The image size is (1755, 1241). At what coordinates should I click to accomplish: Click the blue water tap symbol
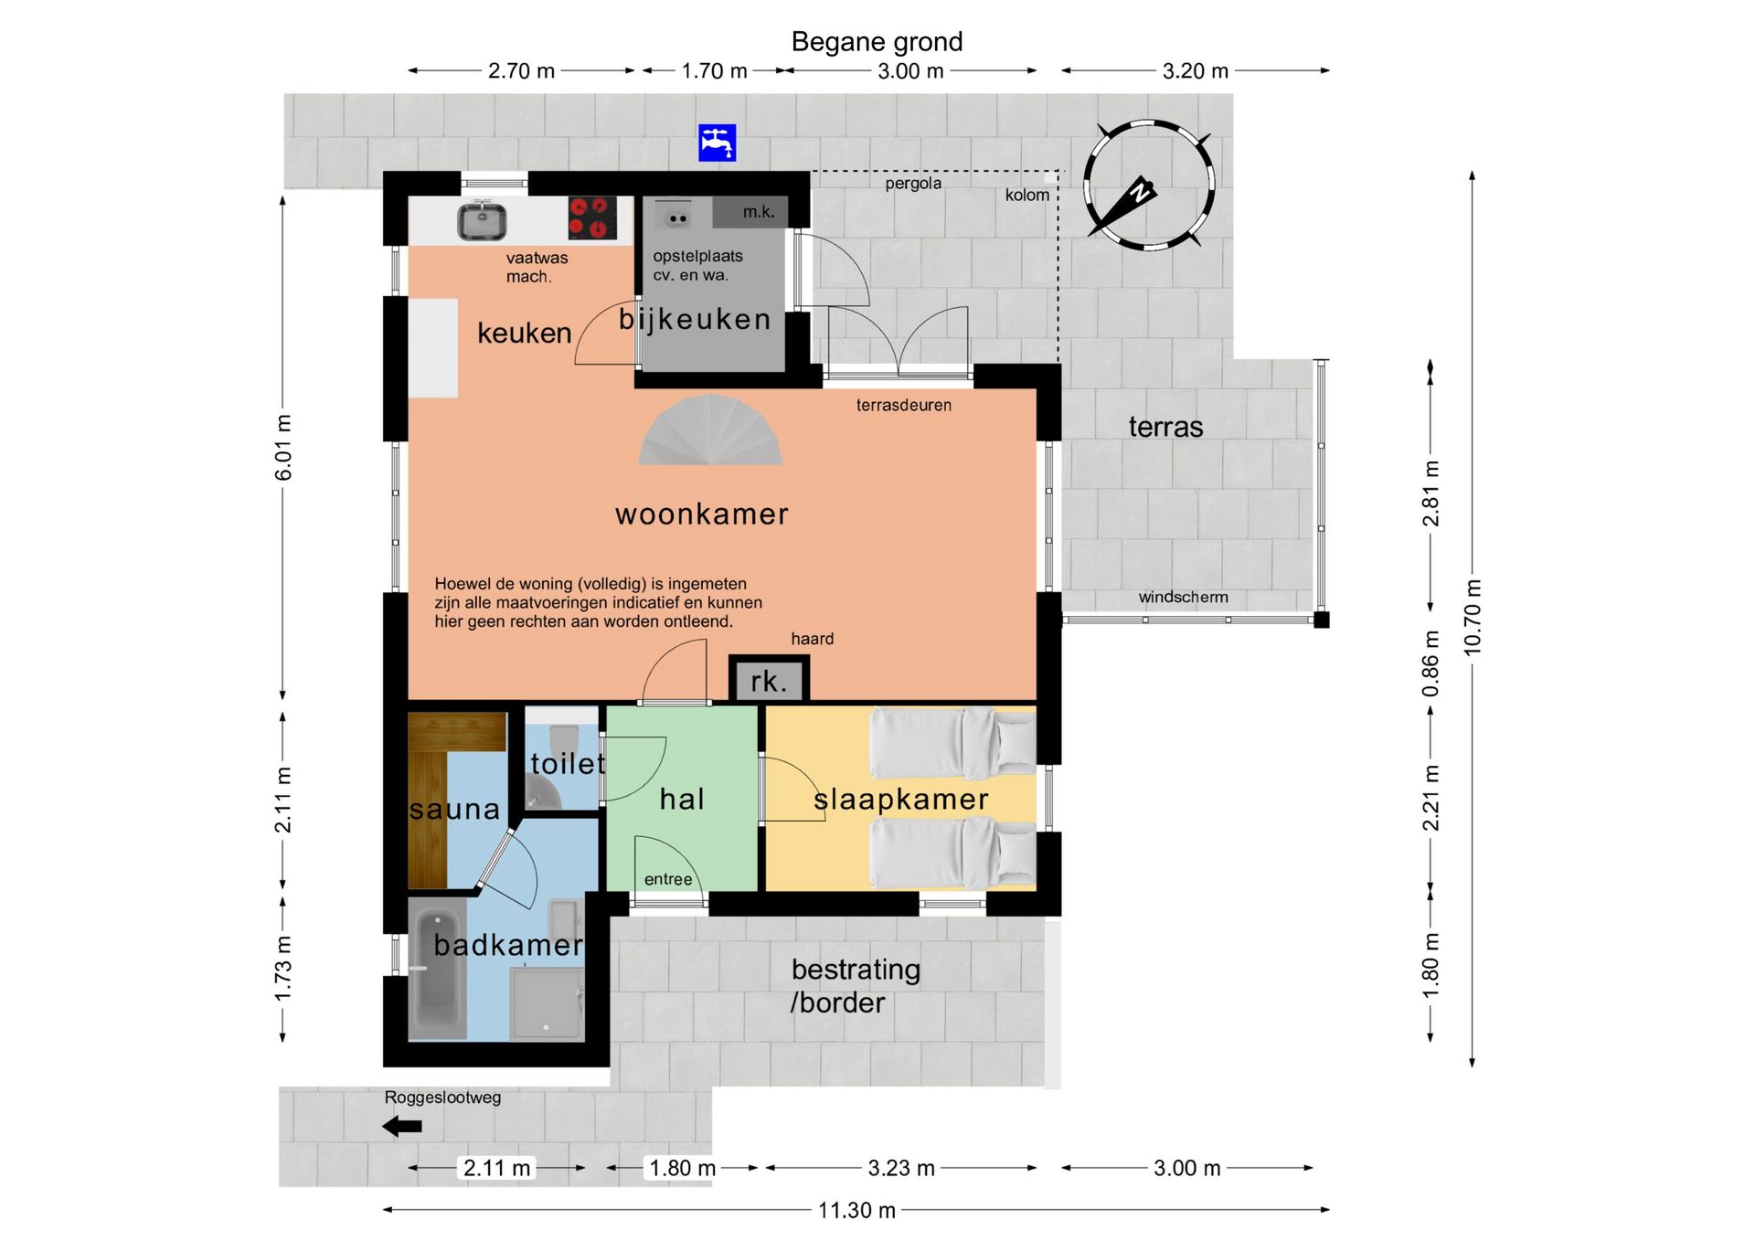[x=717, y=143]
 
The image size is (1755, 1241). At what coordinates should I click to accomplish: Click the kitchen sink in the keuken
[x=483, y=220]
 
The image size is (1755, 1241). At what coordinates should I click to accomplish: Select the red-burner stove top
[x=591, y=218]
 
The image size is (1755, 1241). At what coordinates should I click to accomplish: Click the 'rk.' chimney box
[x=769, y=680]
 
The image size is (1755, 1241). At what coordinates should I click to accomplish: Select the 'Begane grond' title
[x=877, y=42]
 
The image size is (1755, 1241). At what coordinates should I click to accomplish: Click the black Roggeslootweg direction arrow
[x=402, y=1126]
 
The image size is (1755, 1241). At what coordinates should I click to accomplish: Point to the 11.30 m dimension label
[x=856, y=1210]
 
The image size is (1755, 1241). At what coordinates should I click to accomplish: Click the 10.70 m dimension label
[x=1472, y=617]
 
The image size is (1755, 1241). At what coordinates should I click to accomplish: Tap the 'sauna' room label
[x=454, y=809]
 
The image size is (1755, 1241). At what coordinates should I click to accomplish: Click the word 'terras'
[x=1165, y=427]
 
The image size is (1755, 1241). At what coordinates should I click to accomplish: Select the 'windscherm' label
[x=1183, y=597]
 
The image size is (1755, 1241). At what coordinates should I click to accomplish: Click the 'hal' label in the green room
[x=682, y=799]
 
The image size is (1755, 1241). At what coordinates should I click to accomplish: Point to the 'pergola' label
[x=913, y=184]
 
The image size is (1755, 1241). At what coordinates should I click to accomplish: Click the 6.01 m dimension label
[x=283, y=447]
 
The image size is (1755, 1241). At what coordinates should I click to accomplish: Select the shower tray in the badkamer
[x=547, y=1002]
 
